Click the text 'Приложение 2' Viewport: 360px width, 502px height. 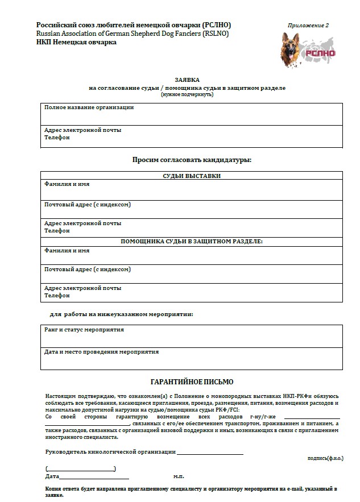point(308,26)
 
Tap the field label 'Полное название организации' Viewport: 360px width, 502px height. point(89,107)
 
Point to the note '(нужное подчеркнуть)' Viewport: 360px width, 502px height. point(187,94)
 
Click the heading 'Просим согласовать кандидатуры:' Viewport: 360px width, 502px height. point(192,160)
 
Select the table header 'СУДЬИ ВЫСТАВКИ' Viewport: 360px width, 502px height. point(192,176)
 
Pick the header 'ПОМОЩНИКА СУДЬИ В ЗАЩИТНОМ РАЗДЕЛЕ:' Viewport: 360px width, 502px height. point(192,241)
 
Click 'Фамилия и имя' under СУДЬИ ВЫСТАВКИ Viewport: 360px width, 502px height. point(67,184)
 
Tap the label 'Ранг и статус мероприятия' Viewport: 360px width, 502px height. point(84,330)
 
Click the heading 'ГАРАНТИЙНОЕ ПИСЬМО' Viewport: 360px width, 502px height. point(191,382)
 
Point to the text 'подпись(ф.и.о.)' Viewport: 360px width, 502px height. point(325,458)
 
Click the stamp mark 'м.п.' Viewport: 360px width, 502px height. point(179,476)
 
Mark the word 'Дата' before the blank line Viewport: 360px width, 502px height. point(52,476)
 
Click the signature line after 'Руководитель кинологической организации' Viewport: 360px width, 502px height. point(210,453)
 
